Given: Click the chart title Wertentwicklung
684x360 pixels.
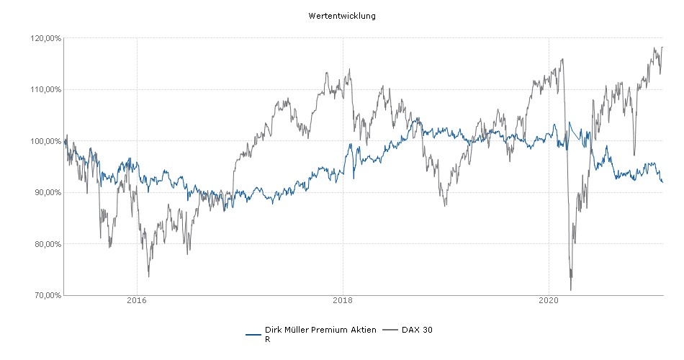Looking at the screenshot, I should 341,16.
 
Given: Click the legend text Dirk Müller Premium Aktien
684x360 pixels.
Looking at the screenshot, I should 320,330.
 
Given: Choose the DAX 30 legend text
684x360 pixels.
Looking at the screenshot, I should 418,330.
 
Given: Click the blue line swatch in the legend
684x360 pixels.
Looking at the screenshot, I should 253,334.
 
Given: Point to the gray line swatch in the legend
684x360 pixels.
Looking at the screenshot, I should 390,330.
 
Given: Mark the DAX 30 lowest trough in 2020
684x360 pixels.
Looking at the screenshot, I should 571,290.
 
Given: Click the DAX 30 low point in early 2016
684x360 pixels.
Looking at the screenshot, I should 148,276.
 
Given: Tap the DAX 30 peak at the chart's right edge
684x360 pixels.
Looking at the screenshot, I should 662,48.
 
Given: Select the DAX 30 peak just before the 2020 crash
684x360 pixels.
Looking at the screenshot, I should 561,59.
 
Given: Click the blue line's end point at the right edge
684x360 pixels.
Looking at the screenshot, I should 662,182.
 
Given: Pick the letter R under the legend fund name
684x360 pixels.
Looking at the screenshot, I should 268,338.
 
